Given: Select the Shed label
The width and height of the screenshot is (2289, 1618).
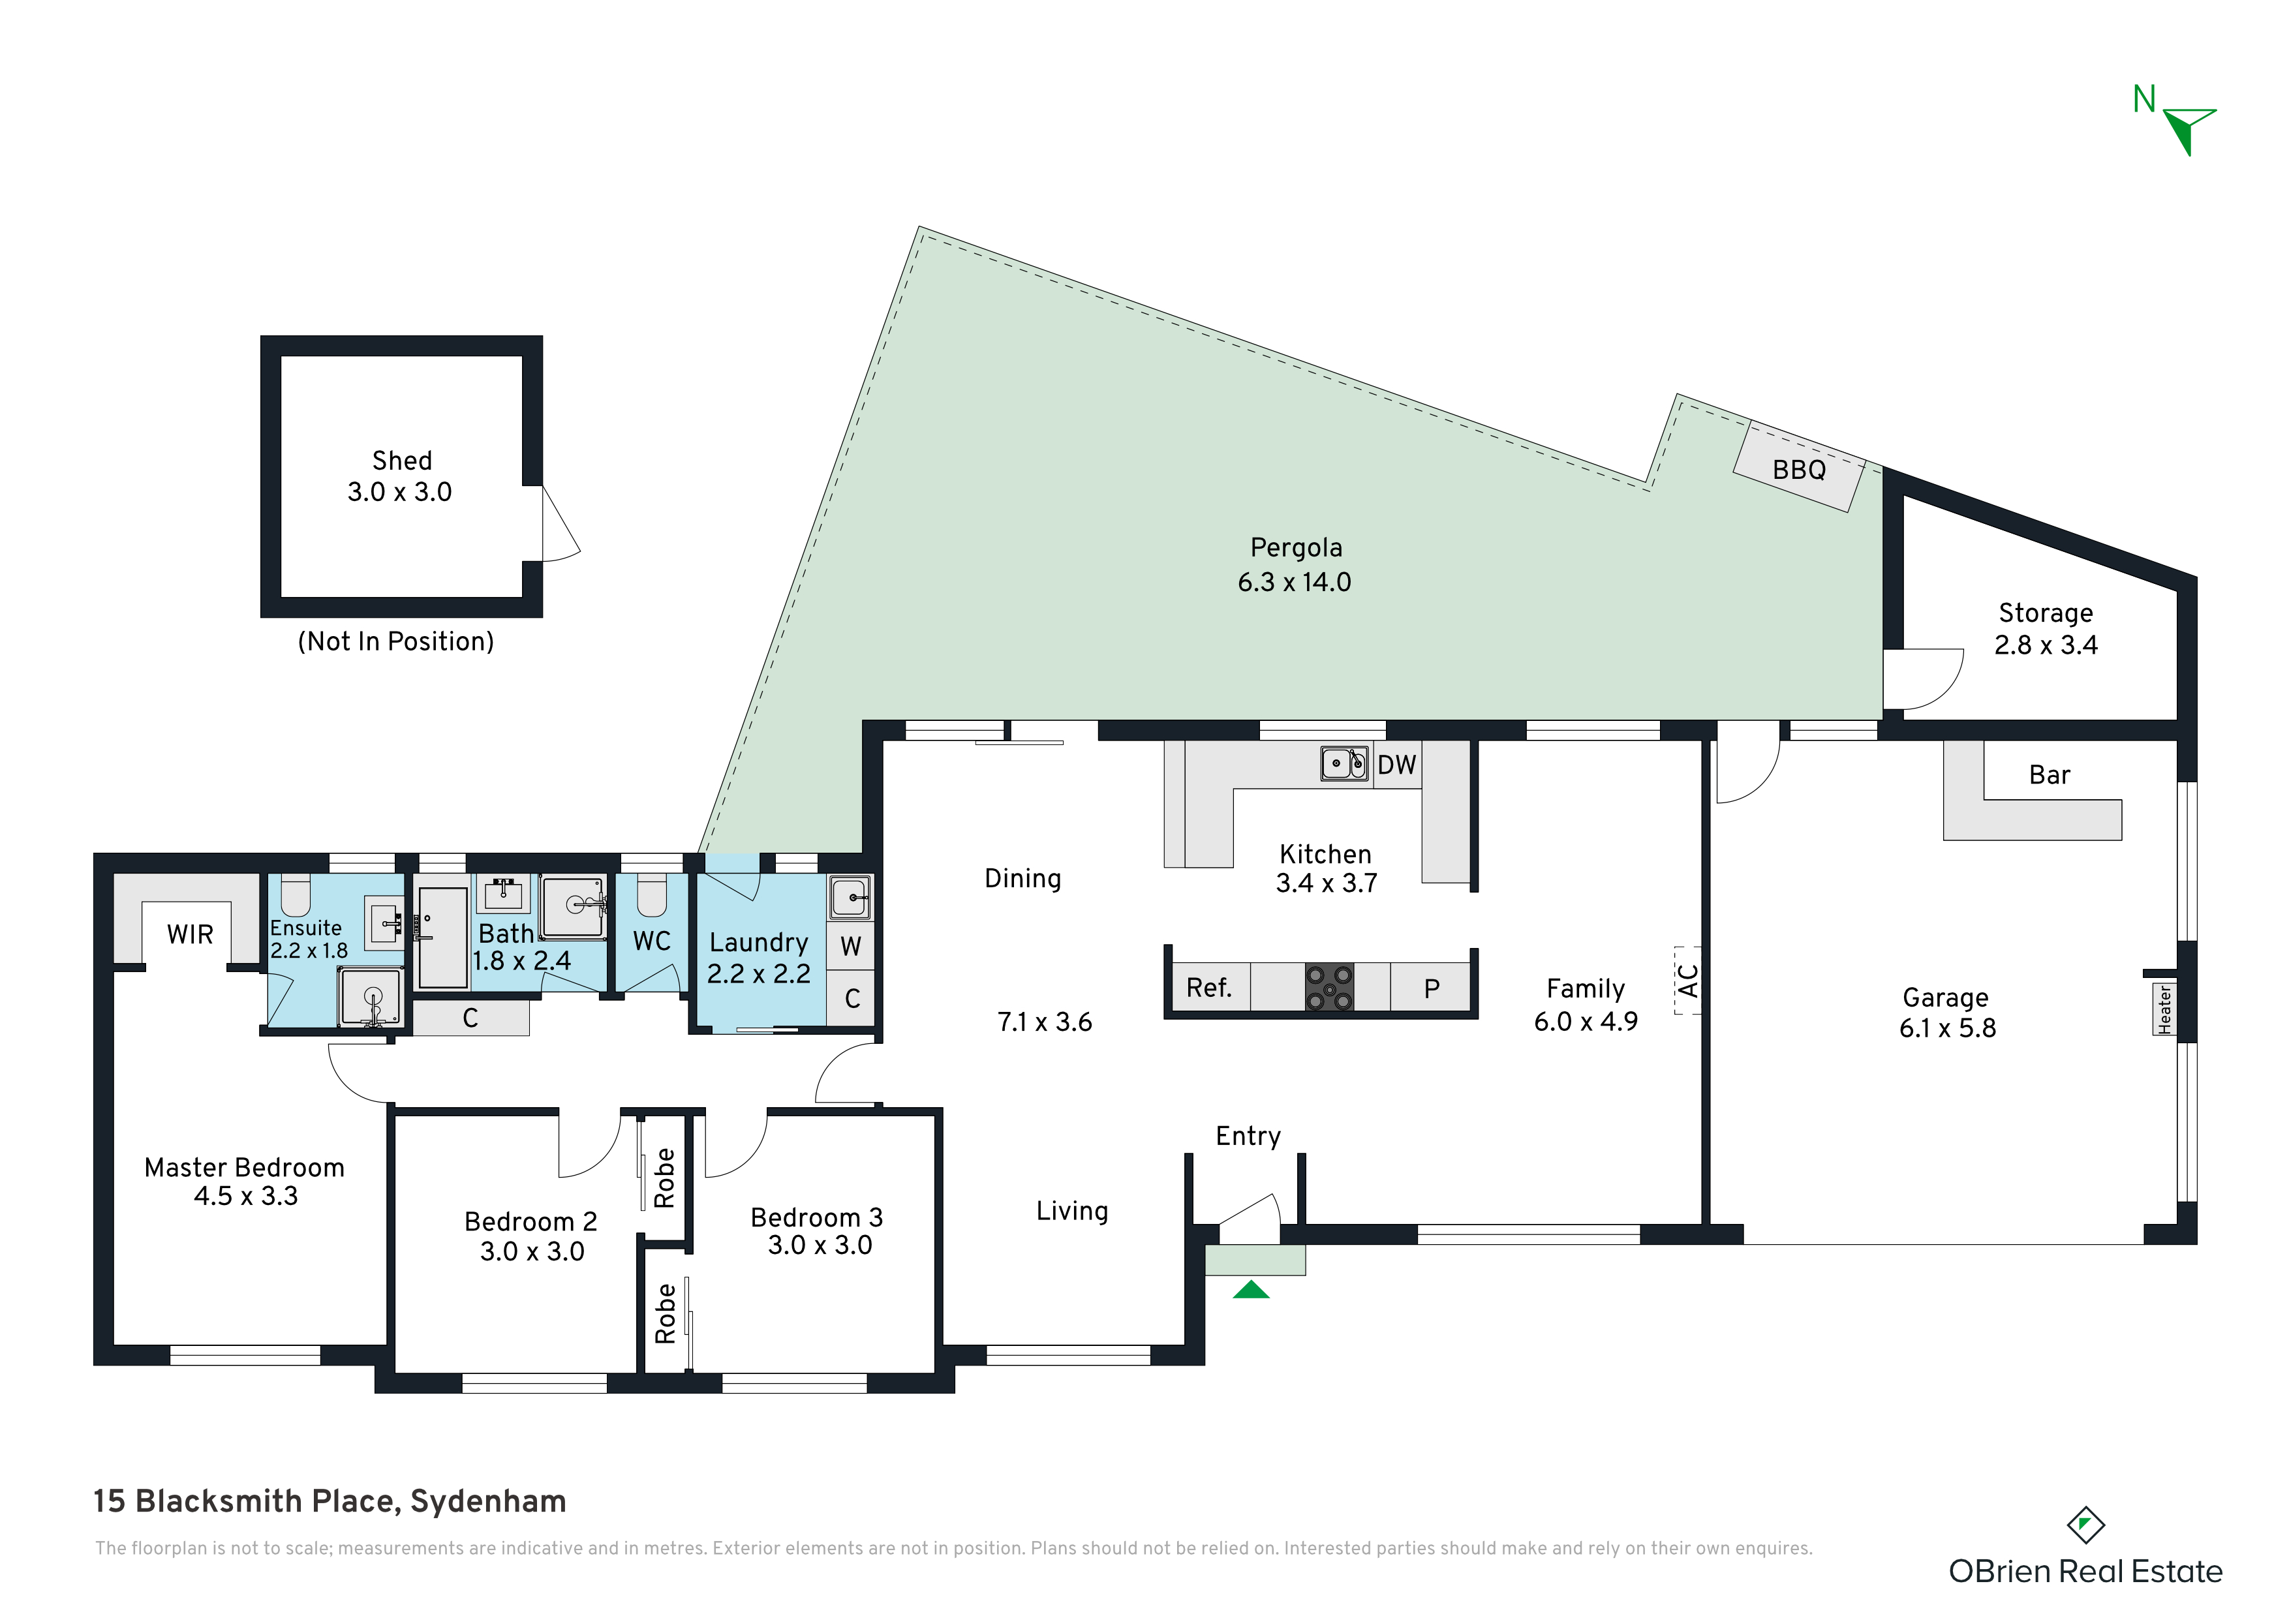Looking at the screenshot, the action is coord(402,461).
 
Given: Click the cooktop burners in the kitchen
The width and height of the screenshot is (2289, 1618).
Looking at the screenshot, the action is coord(1330,987).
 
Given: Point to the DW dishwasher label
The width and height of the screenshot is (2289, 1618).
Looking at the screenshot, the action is coord(1397,765).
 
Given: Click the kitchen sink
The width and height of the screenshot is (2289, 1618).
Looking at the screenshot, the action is coord(1344,763).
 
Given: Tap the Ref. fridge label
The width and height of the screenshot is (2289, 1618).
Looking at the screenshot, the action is coord(1209,988).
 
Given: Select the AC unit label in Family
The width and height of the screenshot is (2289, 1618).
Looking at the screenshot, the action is coord(1688,980).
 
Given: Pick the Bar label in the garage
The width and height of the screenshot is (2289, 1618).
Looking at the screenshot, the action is coord(2050,774).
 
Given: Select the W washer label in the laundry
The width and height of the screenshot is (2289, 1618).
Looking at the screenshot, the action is coord(850,946).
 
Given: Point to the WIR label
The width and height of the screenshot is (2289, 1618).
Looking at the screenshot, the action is coord(189,934).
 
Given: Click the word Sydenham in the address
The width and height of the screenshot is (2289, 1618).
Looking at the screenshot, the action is coord(489,1501).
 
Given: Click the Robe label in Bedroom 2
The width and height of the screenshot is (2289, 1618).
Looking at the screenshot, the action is coord(665,1178).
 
